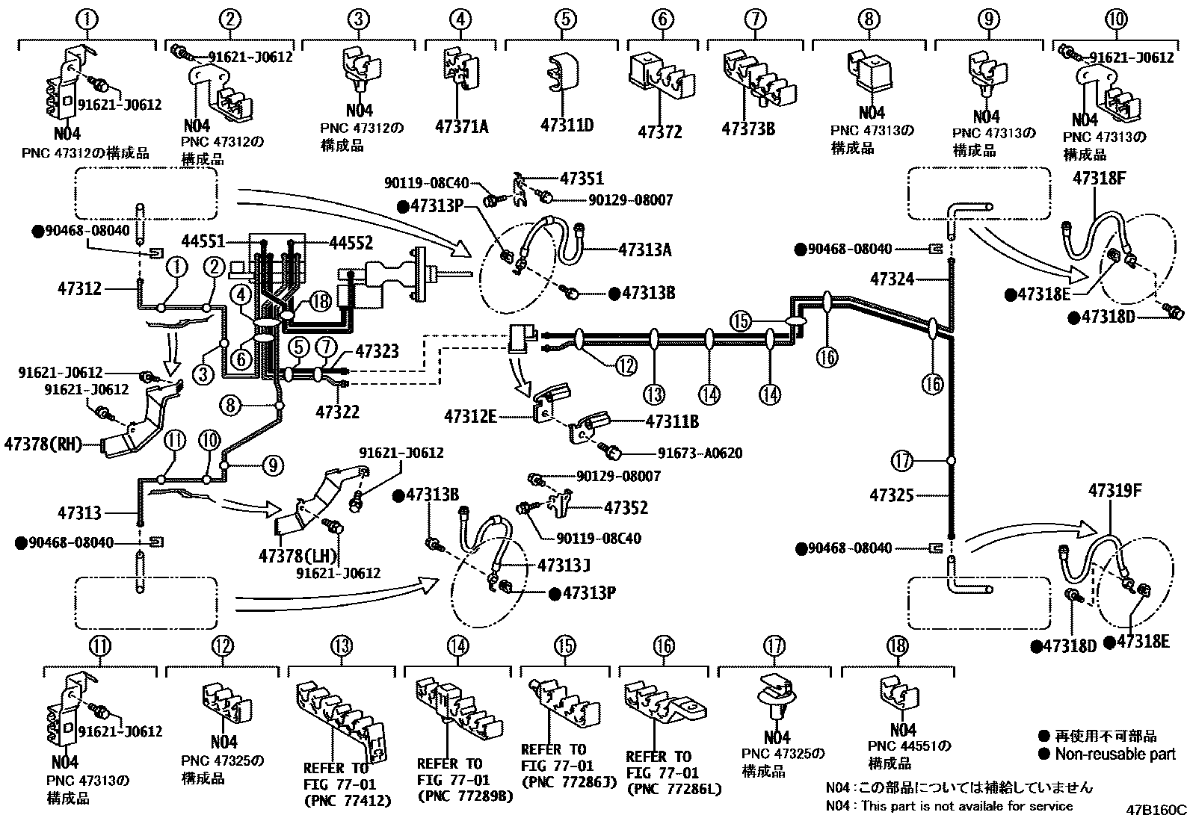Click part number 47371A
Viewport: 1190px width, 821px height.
pos(461,126)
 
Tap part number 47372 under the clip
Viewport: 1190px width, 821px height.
pos(659,132)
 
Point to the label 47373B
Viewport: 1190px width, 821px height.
pos(747,128)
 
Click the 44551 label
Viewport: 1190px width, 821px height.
pos(203,241)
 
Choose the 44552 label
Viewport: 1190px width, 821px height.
pos(351,242)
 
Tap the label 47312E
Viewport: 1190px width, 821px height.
pos(469,415)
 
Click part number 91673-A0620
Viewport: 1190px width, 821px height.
pos(700,453)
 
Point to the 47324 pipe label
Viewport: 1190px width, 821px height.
pos(892,279)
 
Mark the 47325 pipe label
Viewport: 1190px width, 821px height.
pos(891,495)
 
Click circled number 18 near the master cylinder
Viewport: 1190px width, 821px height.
pos(320,302)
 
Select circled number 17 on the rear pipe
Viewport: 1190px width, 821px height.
pos(903,461)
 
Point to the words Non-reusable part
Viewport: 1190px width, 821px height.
pos(1115,754)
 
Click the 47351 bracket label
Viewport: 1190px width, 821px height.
pos(582,179)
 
